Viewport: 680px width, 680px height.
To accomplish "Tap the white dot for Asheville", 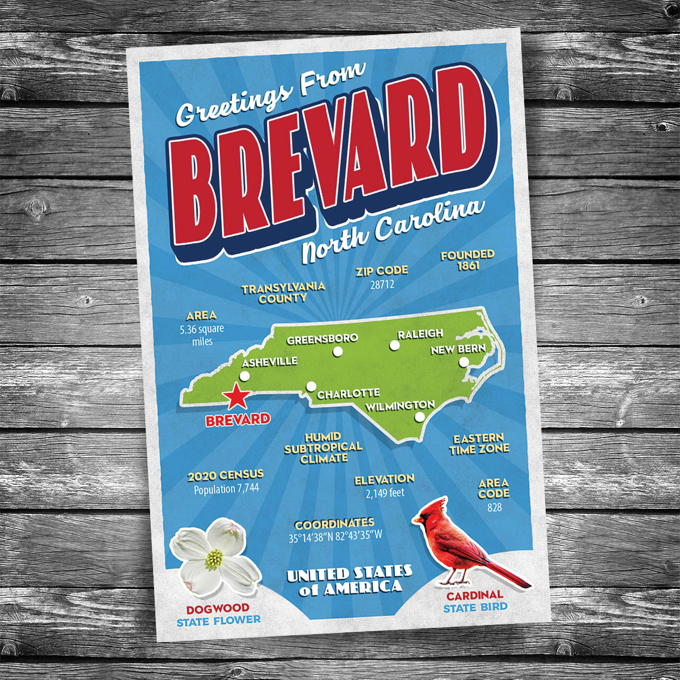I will (x=245, y=376).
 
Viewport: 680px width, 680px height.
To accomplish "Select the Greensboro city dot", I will (x=338, y=352).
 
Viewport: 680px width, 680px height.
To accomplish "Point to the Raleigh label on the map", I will (x=420, y=334).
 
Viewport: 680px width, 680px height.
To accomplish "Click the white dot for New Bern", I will (x=464, y=362).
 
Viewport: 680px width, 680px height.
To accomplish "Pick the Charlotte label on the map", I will (x=348, y=393).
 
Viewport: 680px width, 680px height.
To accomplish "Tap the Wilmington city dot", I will (x=419, y=417).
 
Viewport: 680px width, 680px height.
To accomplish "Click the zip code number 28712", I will (x=382, y=284).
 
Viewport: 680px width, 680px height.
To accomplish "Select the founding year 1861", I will (x=467, y=266).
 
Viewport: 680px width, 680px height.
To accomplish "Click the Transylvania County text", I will (x=283, y=293).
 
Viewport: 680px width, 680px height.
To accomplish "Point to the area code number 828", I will (x=494, y=508).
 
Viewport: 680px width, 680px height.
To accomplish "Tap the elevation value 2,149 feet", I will (x=385, y=493).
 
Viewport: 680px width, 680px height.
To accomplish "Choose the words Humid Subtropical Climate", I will (x=323, y=448).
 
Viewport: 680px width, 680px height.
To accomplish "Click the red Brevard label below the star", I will (x=237, y=420).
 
